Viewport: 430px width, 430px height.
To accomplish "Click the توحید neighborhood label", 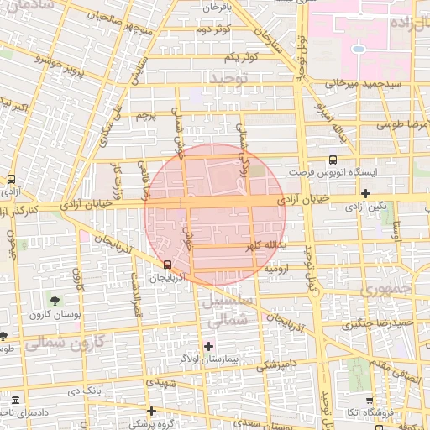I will click(230, 78).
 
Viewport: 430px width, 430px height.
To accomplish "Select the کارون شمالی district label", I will click(64, 343).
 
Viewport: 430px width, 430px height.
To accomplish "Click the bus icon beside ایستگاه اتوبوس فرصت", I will click(333, 159).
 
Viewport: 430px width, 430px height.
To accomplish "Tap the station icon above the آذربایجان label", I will click(167, 265).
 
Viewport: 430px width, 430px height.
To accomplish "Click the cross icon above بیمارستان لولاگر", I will click(208, 346).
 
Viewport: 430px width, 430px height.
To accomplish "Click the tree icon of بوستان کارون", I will click(55, 300).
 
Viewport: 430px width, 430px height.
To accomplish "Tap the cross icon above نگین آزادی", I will click(365, 194).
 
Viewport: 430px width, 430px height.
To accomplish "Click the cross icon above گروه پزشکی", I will click(151, 411).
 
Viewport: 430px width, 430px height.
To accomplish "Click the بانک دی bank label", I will click(85, 391).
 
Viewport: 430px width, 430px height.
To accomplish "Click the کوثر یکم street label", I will click(240, 56).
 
